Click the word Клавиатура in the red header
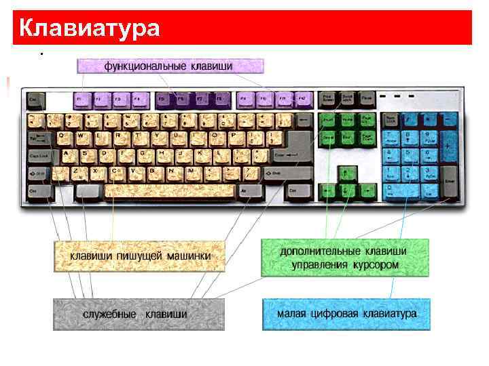[90, 28]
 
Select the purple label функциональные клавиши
[169, 66]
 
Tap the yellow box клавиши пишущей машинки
[140, 257]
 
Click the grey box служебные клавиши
[139, 314]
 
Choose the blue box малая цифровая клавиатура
[346, 314]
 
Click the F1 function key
[83, 100]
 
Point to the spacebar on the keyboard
[170, 190]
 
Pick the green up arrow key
[346, 172]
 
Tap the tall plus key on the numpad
[448, 146]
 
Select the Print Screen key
[328, 100]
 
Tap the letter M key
[192, 172]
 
